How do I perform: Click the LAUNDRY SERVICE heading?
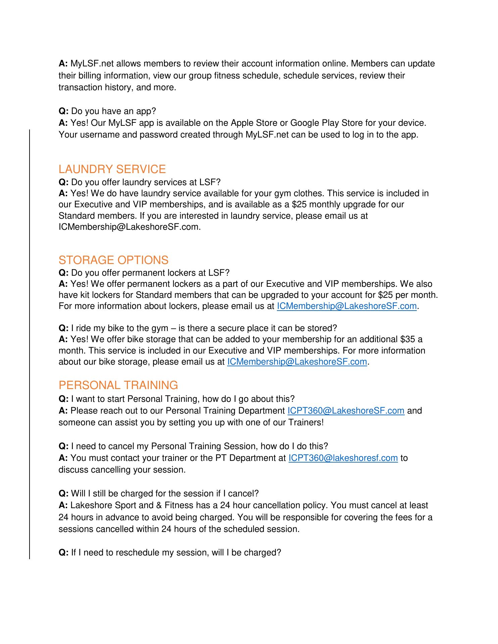click(112, 169)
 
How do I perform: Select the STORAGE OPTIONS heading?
click(113, 260)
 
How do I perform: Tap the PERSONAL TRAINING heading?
click(118, 385)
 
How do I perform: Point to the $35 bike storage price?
click(408, 339)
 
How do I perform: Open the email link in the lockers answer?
click(346, 306)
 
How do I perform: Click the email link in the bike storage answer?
click(297, 362)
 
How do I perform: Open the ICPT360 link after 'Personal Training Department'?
click(346, 411)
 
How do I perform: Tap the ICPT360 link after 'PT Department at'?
click(343, 458)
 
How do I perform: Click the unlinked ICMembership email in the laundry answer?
click(129, 227)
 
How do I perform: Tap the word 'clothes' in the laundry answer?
click(308, 193)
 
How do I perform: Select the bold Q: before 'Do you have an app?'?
click(63, 111)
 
